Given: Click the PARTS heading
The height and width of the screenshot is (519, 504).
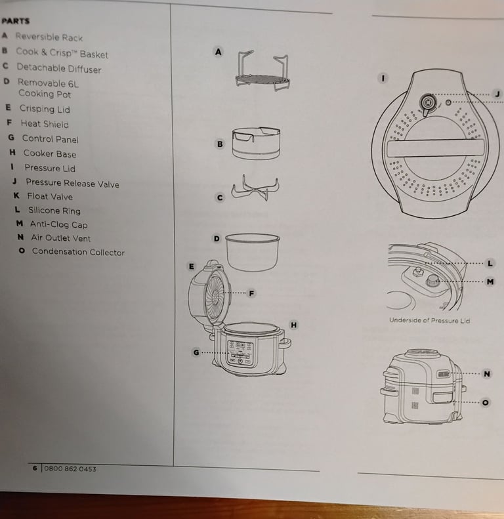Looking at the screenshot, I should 16,20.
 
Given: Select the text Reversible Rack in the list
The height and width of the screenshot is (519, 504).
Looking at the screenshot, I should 49,37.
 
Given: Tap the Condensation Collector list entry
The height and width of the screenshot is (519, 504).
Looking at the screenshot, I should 77,252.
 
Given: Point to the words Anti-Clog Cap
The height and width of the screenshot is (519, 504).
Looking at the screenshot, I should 58,224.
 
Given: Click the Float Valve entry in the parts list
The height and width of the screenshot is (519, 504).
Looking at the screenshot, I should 50,196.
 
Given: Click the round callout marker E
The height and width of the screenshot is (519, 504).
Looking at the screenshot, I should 191,266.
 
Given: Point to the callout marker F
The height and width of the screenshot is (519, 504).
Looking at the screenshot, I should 250,293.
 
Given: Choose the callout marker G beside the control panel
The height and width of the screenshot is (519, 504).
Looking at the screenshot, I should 196,352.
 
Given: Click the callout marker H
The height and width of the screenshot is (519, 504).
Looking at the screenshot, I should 293,325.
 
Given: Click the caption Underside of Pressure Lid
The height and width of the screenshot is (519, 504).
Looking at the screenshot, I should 429,320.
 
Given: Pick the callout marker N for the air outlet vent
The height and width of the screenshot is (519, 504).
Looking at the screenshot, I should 486,373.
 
